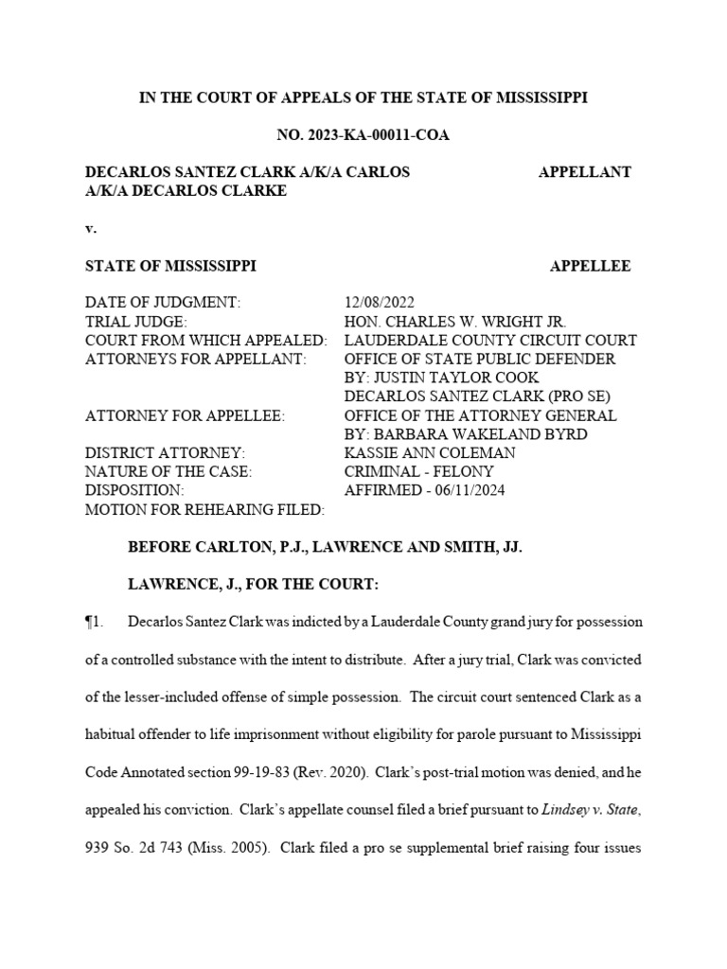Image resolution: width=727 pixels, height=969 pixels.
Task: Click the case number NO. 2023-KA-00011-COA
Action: (x=363, y=135)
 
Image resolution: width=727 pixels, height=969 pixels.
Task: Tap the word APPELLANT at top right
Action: (x=584, y=172)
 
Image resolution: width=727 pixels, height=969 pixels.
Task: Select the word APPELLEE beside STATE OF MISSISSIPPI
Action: (x=590, y=267)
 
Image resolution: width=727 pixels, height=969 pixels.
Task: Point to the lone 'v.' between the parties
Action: (x=91, y=228)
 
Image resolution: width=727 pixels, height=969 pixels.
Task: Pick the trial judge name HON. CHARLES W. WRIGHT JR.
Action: (x=454, y=322)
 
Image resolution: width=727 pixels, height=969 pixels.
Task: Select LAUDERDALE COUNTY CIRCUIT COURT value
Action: (x=490, y=341)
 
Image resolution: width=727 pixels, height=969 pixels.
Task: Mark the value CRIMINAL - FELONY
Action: (x=418, y=472)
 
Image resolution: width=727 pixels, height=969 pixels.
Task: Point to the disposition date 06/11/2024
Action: (x=465, y=491)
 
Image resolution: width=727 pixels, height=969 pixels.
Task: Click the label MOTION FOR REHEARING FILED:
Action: (x=205, y=510)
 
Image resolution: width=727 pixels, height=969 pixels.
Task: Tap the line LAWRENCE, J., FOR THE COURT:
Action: (x=253, y=584)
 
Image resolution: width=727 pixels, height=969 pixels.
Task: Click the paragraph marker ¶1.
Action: (x=93, y=622)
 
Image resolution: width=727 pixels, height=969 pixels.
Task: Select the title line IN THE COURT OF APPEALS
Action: (x=363, y=98)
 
